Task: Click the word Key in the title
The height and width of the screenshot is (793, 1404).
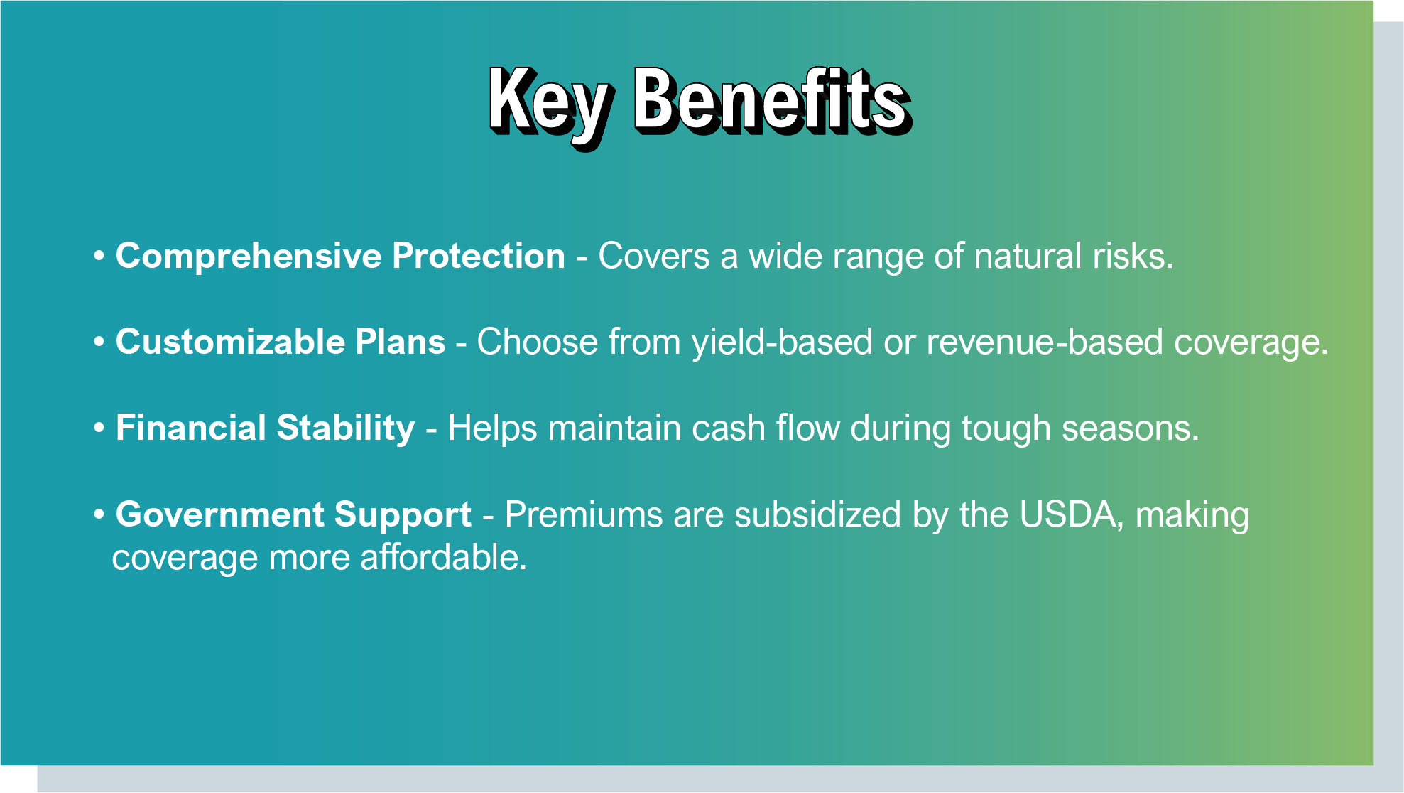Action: (548, 105)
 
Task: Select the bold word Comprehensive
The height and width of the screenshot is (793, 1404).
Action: (249, 257)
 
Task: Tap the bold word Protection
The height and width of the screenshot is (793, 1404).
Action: (479, 256)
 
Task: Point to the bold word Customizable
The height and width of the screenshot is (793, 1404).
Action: (231, 342)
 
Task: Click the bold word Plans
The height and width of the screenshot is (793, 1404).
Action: (401, 342)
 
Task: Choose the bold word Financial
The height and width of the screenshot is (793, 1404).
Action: (191, 428)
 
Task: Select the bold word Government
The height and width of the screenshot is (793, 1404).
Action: (220, 514)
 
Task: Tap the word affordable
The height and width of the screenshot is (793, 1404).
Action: (444, 557)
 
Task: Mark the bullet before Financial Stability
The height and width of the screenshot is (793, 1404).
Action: (99, 428)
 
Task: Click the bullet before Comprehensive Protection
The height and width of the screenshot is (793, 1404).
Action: (99, 257)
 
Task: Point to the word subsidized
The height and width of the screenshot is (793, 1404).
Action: (818, 514)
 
